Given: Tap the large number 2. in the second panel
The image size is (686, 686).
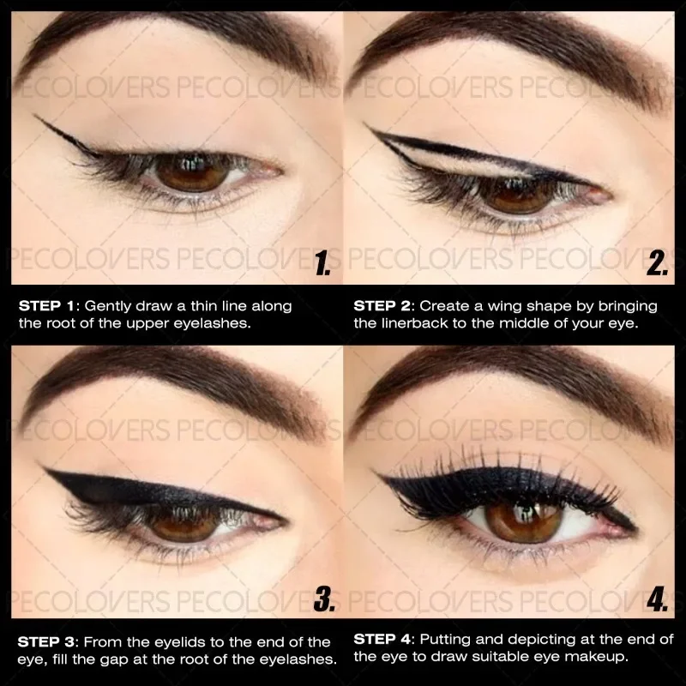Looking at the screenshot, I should click(x=656, y=263).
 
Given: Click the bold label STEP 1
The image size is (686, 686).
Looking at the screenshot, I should click(x=48, y=306).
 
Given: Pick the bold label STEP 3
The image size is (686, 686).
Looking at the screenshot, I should click(x=48, y=642).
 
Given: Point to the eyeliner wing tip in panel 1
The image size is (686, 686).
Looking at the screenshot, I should click(x=36, y=117).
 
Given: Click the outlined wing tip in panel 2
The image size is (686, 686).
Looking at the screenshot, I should click(x=367, y=127).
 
